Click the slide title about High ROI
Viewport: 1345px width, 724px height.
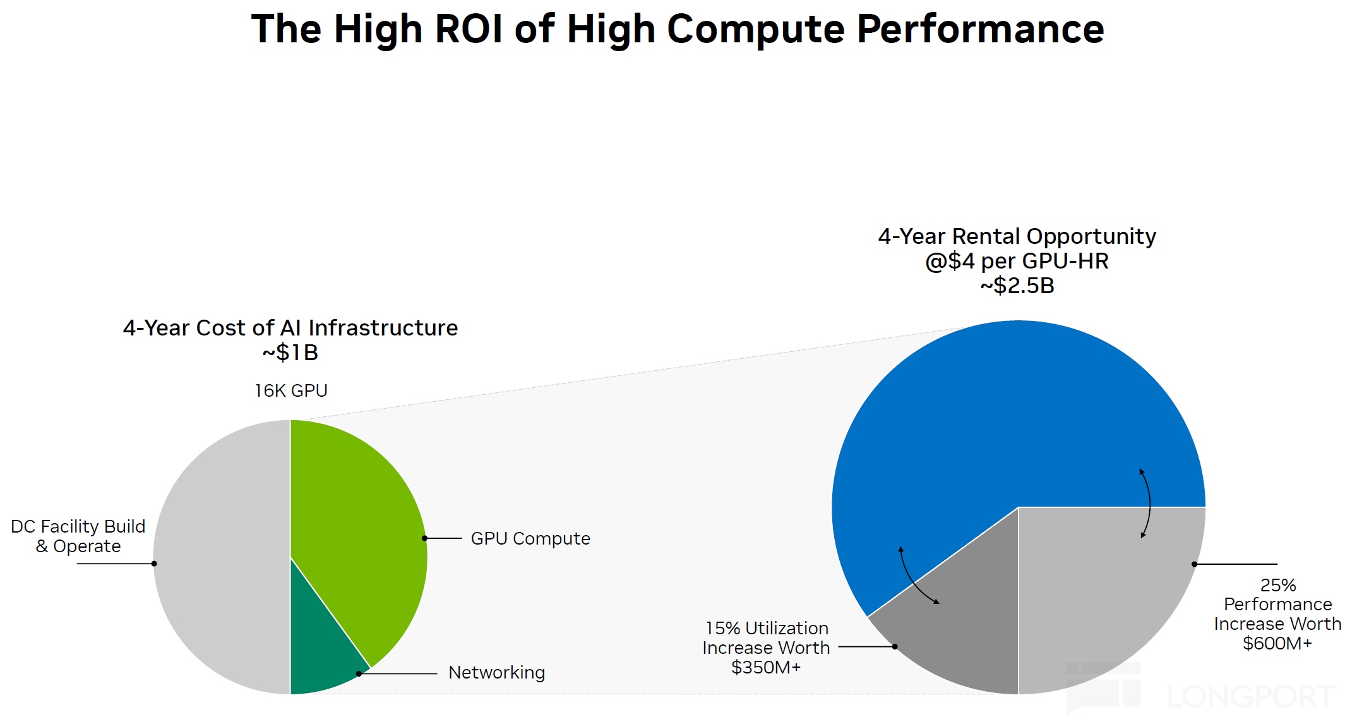click(x=678, y=29)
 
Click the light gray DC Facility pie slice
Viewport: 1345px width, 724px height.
click(x=221, y=556)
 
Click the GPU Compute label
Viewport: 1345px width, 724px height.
click(x=530, y=539)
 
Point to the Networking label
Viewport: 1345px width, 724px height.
click(x=496, y=673)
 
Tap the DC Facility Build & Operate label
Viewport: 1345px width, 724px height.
click(x=78, y=536)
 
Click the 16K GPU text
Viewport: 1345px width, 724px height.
click(x=291, y=391)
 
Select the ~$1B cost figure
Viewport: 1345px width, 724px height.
click(x=290, y=353)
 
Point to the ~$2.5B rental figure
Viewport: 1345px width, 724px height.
click(x=1017, y=286)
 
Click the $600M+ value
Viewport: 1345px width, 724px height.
click(x=1277, y=644)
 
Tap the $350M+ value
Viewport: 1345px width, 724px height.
click(x=766, y=668)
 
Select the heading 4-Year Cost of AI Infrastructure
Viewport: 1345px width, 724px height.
click(x=290, y=329)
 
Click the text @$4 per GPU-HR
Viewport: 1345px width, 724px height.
click(x=1017, y=262)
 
